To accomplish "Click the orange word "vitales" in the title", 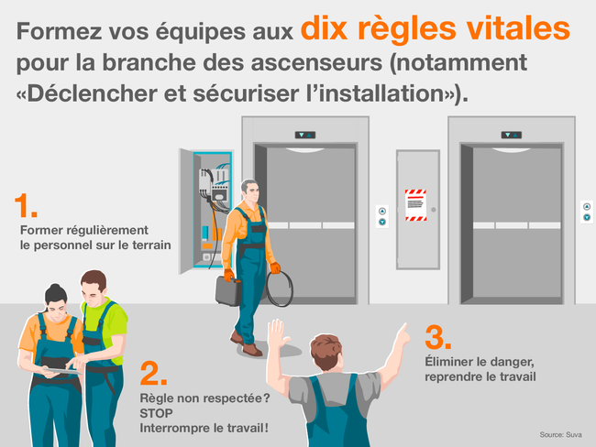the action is pos(518,28).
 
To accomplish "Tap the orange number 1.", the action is pos(25,205).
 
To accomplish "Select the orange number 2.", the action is pos(153,374).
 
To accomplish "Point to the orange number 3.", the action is pos(438,337).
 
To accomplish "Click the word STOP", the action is pos(156,413).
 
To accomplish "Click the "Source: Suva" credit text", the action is pos(560,435).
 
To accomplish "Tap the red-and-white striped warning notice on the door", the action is pos(415,205).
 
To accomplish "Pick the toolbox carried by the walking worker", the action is pos(228,290).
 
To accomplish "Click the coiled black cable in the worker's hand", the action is pos(280,289).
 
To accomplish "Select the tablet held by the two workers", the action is pos(62,371).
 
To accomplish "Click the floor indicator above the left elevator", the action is pos(305,135).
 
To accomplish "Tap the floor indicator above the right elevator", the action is pos(512,135).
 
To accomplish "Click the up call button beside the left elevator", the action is pos(382,212).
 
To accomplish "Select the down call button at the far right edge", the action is pos(587,218).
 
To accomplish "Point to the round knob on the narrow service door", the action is pos(434,210).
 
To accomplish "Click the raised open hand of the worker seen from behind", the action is pos(278,333).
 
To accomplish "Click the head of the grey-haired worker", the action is pos(249,191).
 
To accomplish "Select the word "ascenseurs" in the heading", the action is pos(316,62).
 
